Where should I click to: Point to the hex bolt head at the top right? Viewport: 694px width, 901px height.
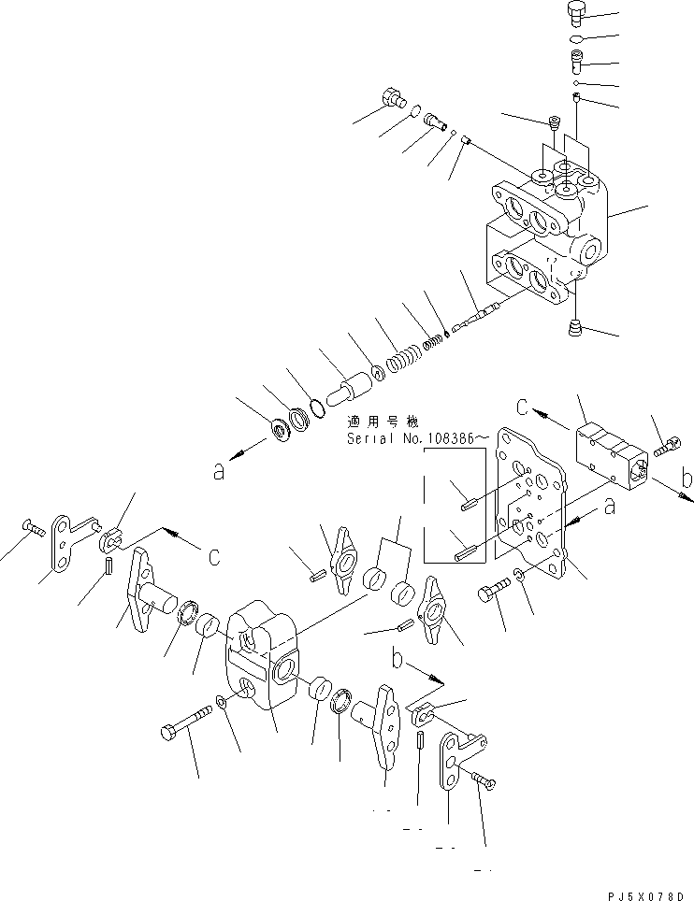[576, 13]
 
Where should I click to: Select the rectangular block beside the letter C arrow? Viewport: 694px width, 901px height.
[608, 452]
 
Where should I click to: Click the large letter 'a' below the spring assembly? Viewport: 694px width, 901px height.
[218, 472]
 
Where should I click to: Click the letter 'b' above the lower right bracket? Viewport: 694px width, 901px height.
[398, 660]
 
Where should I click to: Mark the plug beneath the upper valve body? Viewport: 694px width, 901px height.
[574, 328]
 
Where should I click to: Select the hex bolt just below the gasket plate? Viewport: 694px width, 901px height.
[495, 595]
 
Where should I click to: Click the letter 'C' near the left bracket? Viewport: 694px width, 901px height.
[213, 558]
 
